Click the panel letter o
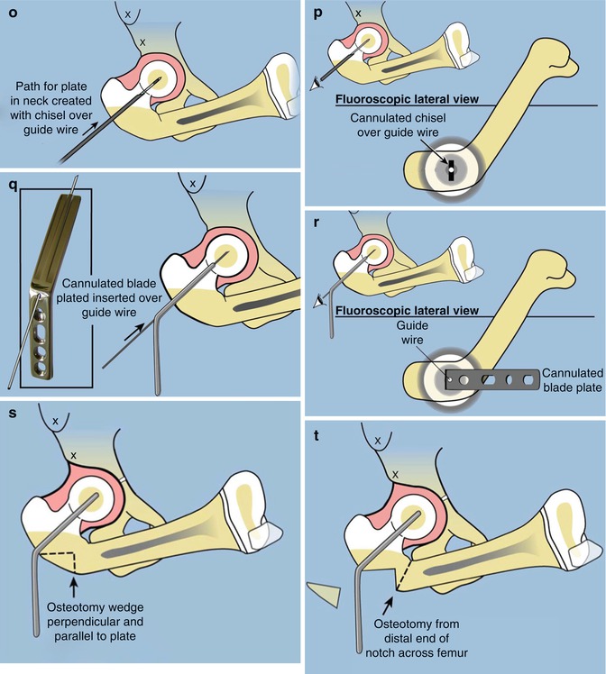click(11, 12)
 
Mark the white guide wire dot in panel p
click(448, 168)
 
